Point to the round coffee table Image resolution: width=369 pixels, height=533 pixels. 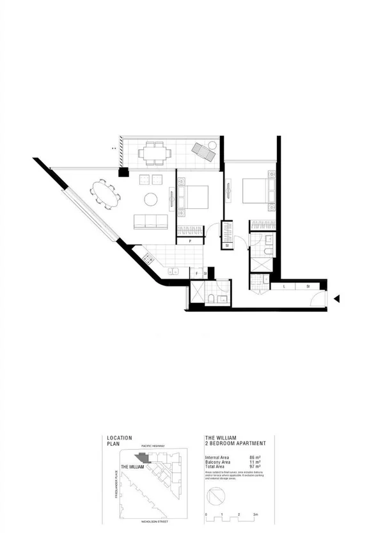[x=151, y=199]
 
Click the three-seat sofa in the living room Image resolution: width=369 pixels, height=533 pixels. [x=150, y=222]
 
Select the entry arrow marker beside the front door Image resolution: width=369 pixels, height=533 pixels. [x=336, y=299]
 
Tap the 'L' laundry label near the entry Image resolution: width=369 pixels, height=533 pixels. [x=283, y=286]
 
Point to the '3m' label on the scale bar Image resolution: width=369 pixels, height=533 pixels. [x=256, y=514]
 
